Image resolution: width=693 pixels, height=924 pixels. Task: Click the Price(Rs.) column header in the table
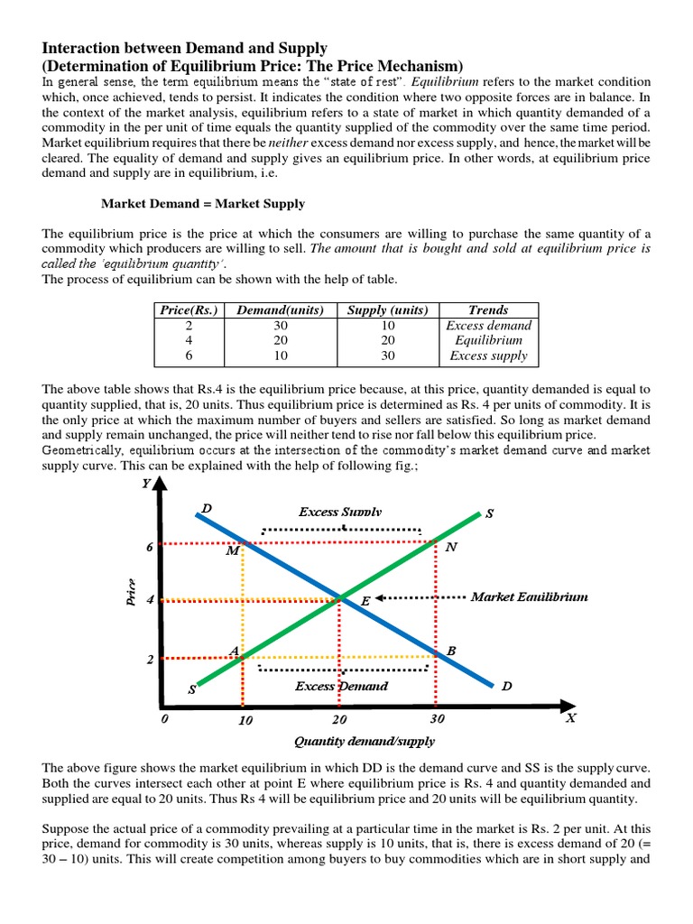189,310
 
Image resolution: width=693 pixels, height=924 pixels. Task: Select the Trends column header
488,310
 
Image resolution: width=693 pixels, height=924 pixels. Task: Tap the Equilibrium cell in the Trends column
488,340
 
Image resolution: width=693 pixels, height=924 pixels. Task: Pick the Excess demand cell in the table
488,325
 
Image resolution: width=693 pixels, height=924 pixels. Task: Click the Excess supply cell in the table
488,356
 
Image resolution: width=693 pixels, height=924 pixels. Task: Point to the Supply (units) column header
386,310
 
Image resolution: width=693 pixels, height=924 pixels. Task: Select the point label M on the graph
232,550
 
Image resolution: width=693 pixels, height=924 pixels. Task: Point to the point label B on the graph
451,651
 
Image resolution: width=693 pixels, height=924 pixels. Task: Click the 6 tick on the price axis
151,547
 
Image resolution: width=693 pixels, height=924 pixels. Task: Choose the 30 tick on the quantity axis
437,719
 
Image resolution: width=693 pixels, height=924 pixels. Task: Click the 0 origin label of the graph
163,719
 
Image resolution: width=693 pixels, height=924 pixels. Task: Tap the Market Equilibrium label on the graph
529,596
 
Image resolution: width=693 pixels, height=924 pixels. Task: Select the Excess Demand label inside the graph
341,686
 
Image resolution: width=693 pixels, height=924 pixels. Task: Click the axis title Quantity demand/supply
365,741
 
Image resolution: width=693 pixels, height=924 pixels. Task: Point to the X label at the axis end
569,718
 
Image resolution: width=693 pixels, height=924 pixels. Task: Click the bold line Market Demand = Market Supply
202,204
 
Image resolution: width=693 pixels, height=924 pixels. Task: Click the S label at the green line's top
489,513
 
